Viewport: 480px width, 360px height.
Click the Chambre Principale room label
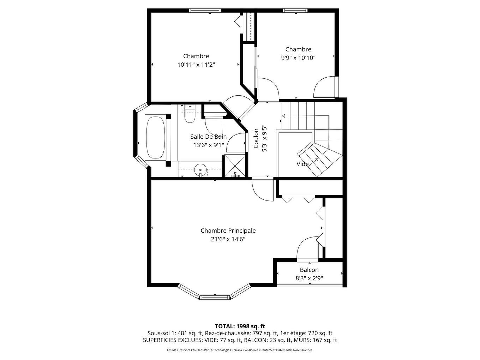click(x=228, y=230)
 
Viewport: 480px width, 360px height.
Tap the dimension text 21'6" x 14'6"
click(x=228, y=239)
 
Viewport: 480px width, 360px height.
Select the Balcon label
click(x=309, y=270)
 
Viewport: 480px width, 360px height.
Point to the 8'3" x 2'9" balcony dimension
click(x=309, y=278)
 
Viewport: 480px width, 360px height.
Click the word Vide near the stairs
click(x=302, y=164)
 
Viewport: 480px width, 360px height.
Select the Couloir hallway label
click(x=256, y=138)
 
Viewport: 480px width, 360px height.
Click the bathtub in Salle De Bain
click(x=155, y=137)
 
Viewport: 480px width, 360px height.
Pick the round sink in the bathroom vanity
click(x=200, y=170)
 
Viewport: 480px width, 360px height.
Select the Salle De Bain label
click(x=208, y=137)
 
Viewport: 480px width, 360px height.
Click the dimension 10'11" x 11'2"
click(x=196, y=65)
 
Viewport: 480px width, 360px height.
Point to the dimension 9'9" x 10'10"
click(x=298, y=58)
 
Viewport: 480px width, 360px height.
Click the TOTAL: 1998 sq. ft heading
click(x=240, y=326)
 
